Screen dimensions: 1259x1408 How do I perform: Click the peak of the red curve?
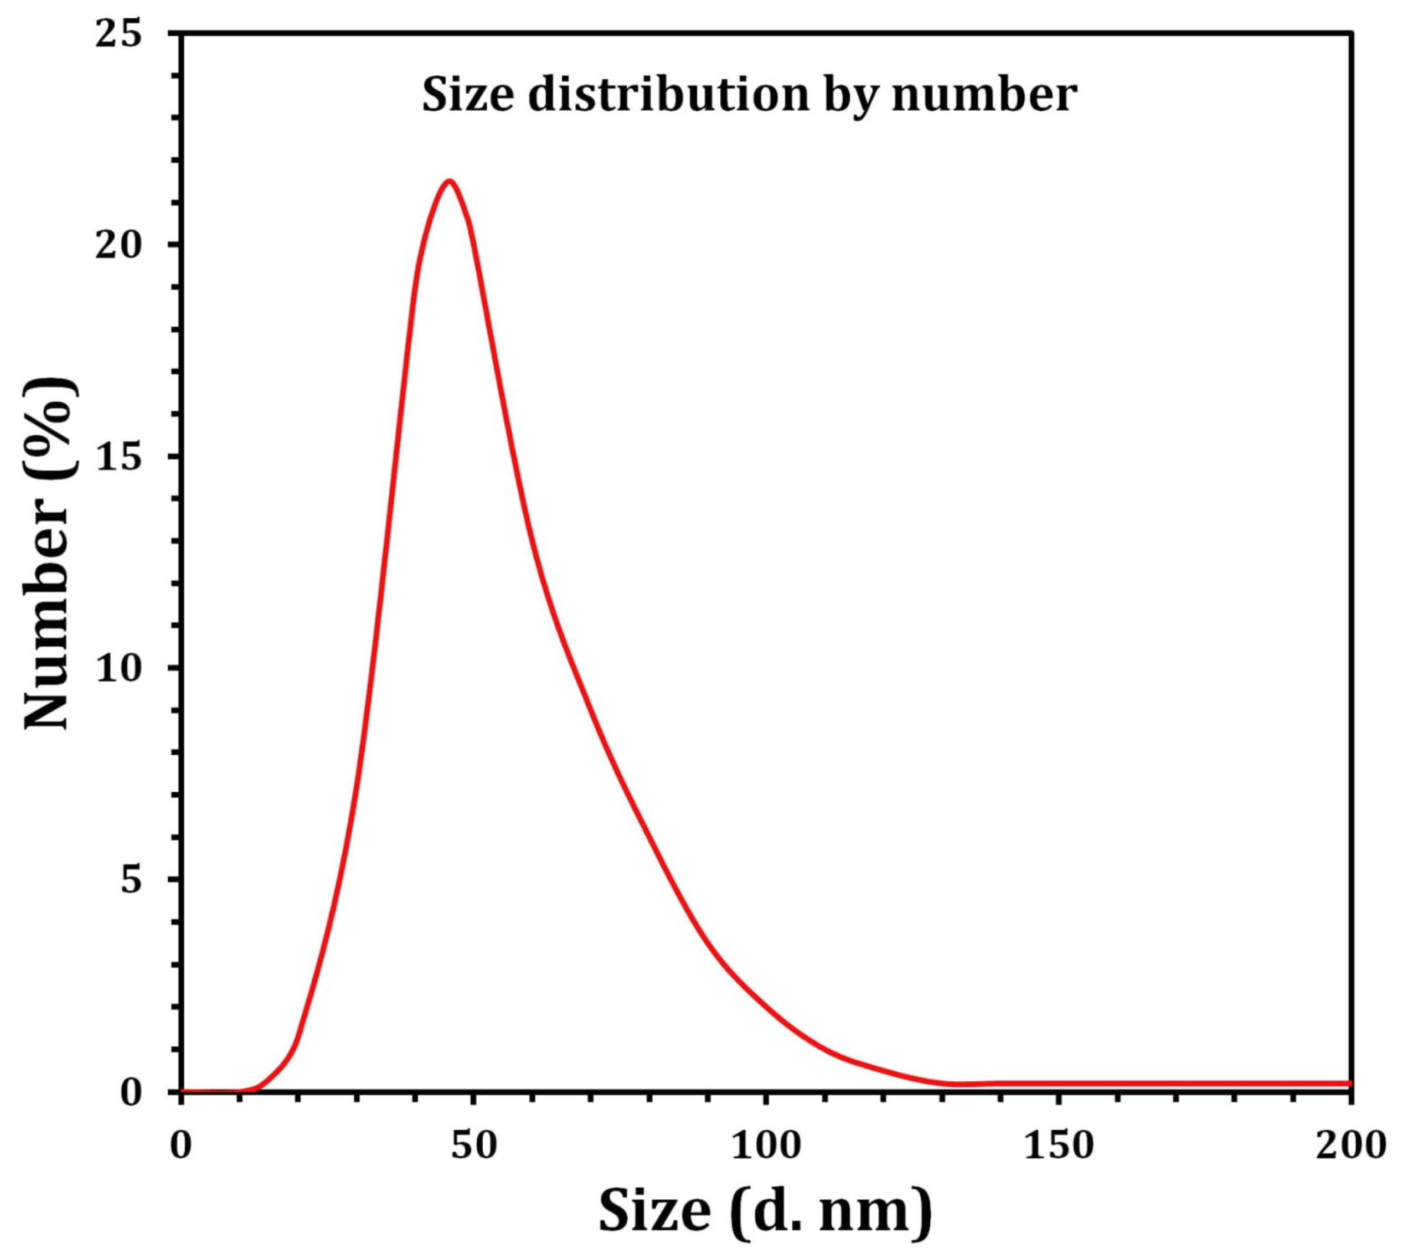450,181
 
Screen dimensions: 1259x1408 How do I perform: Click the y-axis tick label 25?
117,34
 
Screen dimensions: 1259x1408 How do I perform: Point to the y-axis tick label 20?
117,246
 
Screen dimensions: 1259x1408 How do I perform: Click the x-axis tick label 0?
181,1146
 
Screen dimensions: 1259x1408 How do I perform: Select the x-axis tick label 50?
473,1146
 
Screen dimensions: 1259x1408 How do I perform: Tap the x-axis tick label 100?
766,1146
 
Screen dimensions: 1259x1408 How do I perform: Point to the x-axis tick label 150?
1059,1146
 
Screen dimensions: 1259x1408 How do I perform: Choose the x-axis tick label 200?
1350,1146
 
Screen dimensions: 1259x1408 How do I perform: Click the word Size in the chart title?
468,95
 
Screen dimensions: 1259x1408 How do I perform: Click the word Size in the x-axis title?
654,1211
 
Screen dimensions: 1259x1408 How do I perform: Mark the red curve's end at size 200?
1349,1083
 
